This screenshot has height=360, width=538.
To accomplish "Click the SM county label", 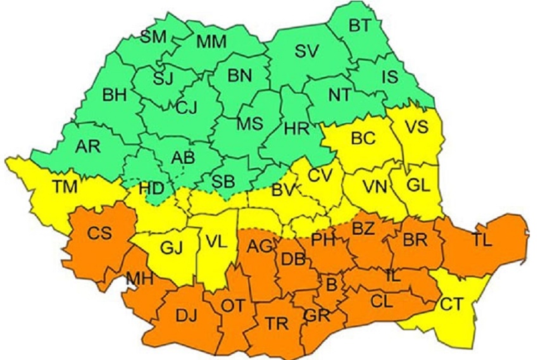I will [x=153, y=36].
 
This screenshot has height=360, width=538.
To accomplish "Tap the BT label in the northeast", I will [x=361, y=25].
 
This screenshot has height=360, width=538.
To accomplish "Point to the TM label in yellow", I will [x=65, y=186].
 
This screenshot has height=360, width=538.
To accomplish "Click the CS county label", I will [x=100, y=233].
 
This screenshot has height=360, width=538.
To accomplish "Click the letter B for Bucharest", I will [x=330, y=285].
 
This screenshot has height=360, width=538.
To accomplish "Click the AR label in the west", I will [x=87, y=146].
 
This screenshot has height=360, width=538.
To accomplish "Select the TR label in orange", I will [x=277, y=325].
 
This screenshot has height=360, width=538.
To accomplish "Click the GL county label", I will [x=418, y=185].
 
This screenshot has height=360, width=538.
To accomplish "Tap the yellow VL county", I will [x=215, y=241].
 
